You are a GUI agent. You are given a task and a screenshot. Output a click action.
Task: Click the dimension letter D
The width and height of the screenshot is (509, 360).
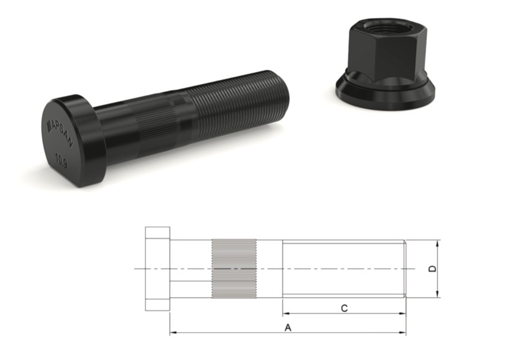433,269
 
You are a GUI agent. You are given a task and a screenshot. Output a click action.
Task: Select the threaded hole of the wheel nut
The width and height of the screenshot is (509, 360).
379,27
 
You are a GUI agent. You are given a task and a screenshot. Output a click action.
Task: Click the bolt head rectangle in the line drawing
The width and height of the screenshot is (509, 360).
158,269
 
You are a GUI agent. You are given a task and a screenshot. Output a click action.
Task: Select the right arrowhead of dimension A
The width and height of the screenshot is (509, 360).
403,333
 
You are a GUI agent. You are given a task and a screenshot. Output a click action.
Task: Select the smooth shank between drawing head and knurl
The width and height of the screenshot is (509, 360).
191,268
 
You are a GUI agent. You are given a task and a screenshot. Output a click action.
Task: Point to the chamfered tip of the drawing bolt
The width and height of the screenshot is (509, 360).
405,268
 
